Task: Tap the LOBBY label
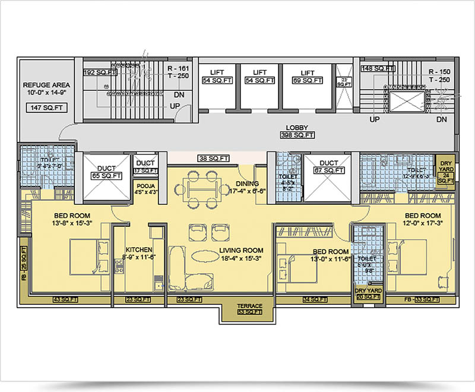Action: click(x=297, y=128)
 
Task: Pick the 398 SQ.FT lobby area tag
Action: click(x=297, y=135)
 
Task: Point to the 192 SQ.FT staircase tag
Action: click(x=98, y=72)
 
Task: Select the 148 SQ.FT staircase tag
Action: click(x=378, y=69)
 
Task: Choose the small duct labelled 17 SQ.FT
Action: click(x=145, y=170)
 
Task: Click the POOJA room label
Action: click(x=145, y=185)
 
